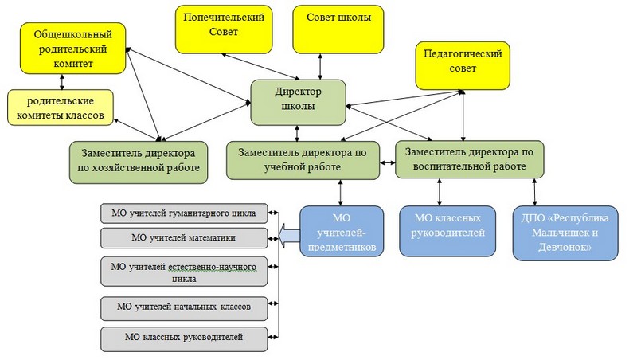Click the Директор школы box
point(299,100)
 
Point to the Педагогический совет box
point(463,64)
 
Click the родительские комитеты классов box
point(60,108)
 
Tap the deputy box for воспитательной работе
point(470,158)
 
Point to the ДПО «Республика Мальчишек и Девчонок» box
point(565,233)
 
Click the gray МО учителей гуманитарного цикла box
point(184,213)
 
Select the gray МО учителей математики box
point(184,237)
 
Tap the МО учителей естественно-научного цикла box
point(184,272)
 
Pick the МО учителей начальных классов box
point(184,307)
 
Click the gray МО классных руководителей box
point(184,338)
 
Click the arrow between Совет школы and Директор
point(320,66)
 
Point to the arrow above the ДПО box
point(535,192)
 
